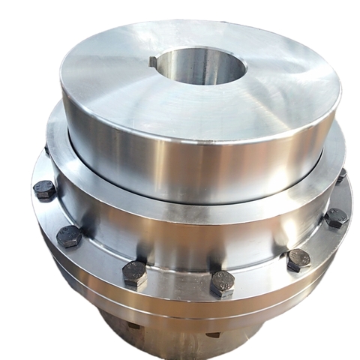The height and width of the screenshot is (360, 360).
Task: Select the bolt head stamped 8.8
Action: point(223,283)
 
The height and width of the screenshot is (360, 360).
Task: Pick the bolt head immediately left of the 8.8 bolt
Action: point(135,274)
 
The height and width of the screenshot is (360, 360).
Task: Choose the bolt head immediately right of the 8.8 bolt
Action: point(298,259)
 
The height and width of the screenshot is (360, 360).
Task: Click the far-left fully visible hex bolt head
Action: point(45,189)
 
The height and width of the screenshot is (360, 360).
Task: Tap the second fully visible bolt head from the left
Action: point(68,236)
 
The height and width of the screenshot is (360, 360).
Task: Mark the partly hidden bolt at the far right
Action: point(341,177)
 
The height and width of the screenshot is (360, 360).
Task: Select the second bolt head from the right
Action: point(335,218)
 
